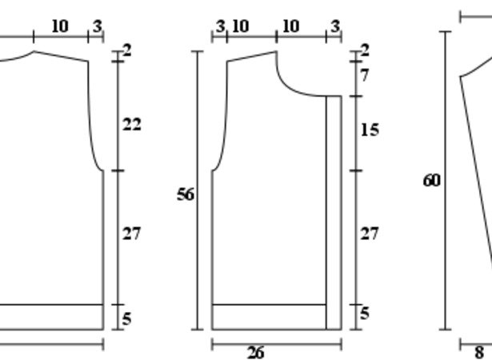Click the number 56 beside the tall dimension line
coord(186,194)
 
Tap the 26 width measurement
coord(256,353)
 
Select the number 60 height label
coord(432,181)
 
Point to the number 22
coord(132,125)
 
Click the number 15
coord(370,130)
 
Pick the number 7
coord(364,76)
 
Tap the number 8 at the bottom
coord(479,352)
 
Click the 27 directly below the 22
coord(131,234)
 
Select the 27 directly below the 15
coord(370,234)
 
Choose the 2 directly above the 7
coord(365,50)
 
